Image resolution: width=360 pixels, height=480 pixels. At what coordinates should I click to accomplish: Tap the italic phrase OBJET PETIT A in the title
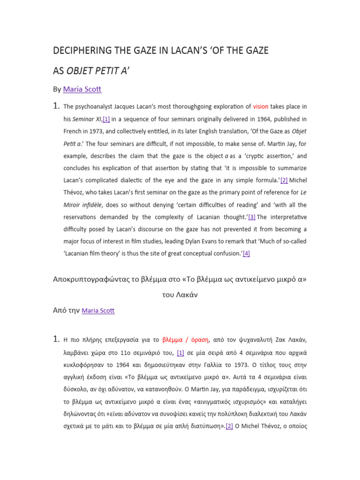coord(101,70)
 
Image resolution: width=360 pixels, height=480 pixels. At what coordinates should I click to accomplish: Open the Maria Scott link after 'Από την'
coord(98,310)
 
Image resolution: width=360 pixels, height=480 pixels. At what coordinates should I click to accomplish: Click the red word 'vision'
coord(260,106)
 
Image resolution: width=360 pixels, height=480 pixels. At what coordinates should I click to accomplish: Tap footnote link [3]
coord(252,217)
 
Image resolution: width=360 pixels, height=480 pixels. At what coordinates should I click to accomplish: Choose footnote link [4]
coord(246,253)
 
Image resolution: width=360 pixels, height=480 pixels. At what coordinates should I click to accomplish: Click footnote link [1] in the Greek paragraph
coord(180,352)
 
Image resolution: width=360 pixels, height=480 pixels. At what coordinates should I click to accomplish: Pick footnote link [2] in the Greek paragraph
coord(229,426)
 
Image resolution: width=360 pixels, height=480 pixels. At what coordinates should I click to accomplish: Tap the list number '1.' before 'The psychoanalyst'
coord(56,106)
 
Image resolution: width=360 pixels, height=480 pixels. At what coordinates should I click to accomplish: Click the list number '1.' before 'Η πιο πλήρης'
coord(56,339)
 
